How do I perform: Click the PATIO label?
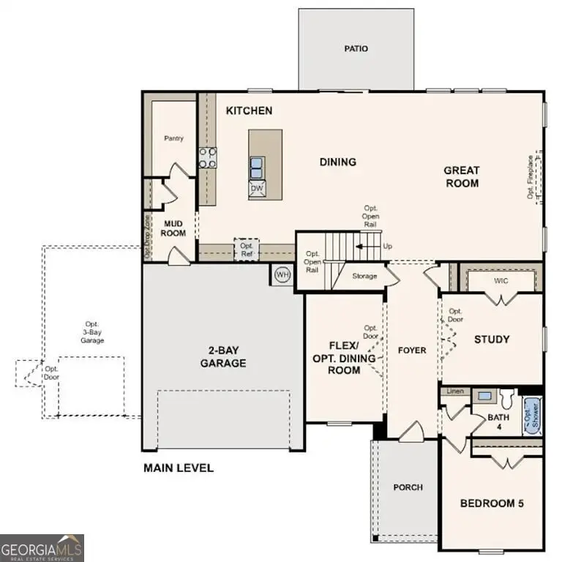click(x=356, y=49)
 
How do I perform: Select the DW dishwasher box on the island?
click(x=257, y=189)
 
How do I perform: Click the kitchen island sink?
click(x=257, y=168)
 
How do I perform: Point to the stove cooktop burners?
click(x=208, y=158)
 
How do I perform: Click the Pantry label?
click(x=173, y=138)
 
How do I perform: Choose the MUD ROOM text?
click(x=173, y=228)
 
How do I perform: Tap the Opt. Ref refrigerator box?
click(x=247, y=250)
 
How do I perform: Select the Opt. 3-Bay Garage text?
click(x=92, y=332)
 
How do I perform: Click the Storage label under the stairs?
click(x=364, y=276)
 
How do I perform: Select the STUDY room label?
click(x=492, y=340)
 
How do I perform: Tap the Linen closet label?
click(x=455, y=391)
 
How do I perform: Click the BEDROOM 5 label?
click(x=491, y=503)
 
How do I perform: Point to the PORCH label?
click(x=408, y=487)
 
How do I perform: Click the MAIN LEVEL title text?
click(x=179, y=468)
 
